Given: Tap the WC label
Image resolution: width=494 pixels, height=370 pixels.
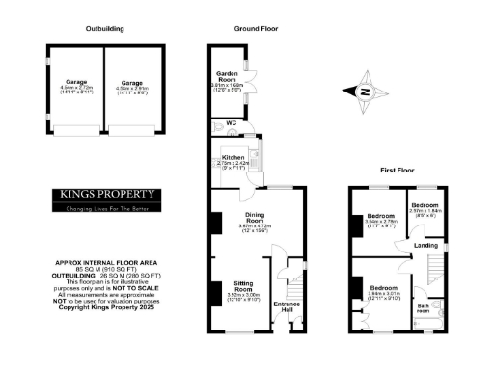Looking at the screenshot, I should (231, 124).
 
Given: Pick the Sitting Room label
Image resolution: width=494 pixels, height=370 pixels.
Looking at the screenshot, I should (243, 288).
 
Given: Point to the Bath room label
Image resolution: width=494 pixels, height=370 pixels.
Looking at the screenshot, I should (424, 309).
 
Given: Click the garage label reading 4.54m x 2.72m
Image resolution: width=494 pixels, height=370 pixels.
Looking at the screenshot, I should (76, 85).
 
